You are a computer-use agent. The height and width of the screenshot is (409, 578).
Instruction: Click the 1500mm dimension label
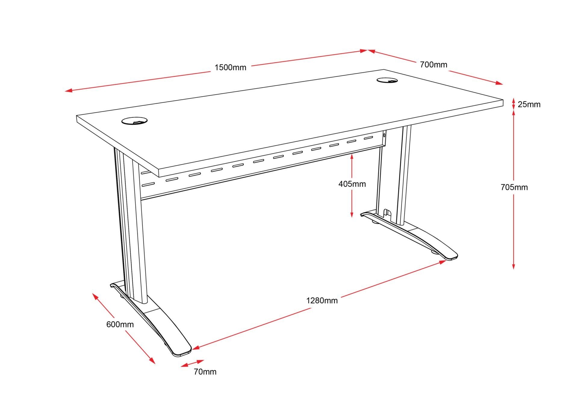[x=230, y=67]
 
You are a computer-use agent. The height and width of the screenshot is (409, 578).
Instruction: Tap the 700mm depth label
[x=433, y=65]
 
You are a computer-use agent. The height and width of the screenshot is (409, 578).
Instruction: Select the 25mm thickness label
[x=529, y=105]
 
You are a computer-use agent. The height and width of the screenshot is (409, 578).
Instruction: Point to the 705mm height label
[x=514, y=187]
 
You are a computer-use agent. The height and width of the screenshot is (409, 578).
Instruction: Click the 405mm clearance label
[x=352, y=184]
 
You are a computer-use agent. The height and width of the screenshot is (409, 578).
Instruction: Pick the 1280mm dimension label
[x=322, y=301]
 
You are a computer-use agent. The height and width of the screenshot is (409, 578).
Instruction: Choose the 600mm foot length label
[x=120, y=324]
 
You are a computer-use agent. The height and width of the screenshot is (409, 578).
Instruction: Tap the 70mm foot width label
[x=205, y=372]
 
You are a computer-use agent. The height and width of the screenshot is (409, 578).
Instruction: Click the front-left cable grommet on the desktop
[x=135, y=121]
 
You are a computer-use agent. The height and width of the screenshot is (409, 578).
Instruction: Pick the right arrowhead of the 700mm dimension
[x=499, y=83]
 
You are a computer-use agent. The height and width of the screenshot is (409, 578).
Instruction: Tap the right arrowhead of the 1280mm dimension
[x=443, y=262]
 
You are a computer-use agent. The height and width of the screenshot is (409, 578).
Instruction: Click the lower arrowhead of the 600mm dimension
[x=152, y=361]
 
